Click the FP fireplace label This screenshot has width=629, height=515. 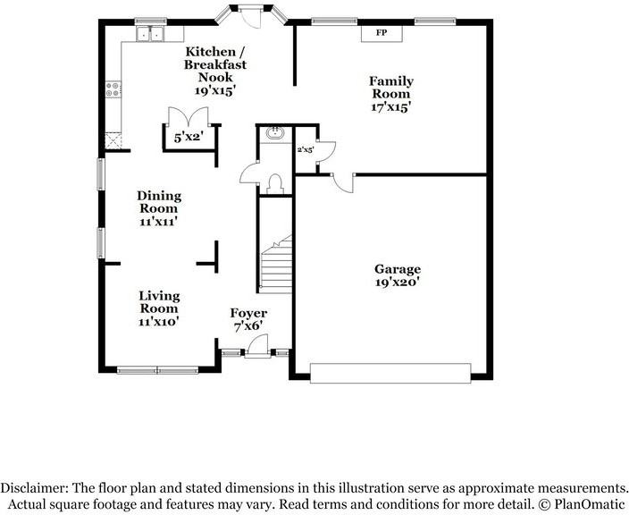click(x=381, y=33)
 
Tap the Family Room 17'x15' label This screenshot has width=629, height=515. click(x=390, y=94)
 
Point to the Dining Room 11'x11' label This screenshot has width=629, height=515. click(x=159, y=208)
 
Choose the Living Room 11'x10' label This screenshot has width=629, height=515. click(x=159, y=308)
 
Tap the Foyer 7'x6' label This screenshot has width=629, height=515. click(x=249, y=320)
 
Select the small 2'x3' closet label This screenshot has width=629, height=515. click(x=306, y=149)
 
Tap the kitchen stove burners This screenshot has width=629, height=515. click(x=113, y=89)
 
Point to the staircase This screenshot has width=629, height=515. click(x=275, y=265)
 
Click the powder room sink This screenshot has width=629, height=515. click(x=274, y=135)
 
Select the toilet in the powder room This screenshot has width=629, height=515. click(x=275, y=184)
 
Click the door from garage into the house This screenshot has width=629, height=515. click(x=340, y=182)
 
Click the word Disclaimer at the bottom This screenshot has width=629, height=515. click(x=35, y=488)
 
